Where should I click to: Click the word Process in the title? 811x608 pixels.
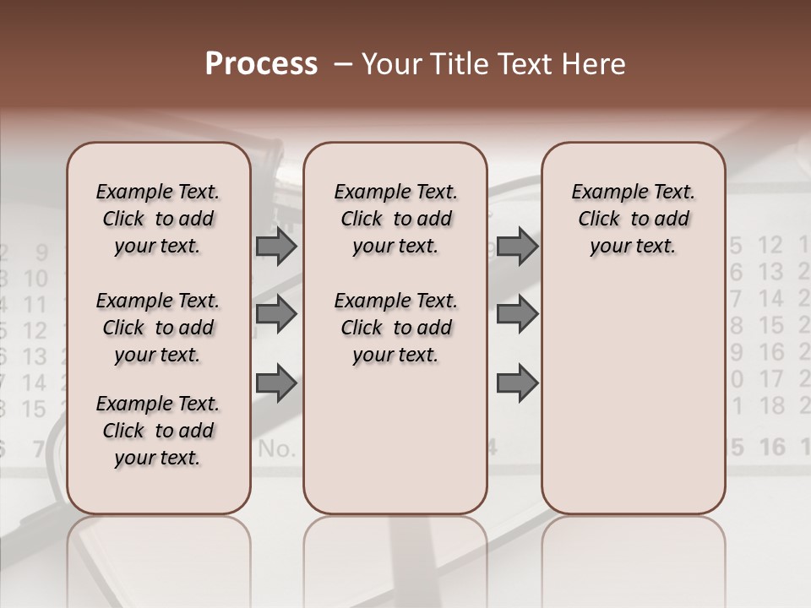tap(261, 63)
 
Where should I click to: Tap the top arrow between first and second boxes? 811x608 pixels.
tap(276, 246)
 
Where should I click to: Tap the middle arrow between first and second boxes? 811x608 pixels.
tap(276, 314)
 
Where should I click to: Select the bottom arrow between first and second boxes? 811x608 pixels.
tap(276, 383)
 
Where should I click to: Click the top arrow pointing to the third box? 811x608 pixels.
tap(517, 246)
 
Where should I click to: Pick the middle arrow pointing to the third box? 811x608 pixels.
tap(517, 314)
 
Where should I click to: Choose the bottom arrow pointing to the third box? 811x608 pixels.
tap(517, 383)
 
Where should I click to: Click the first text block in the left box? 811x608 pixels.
tap(158, 219)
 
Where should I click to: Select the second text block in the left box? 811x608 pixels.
tap(158, 328)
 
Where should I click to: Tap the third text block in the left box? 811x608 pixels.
tap(158, 431)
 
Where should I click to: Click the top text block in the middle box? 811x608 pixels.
tap(395, 219)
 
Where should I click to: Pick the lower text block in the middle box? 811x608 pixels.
tap(395, 328)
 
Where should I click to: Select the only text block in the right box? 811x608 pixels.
tap(633, 219)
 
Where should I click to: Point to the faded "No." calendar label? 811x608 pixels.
tap(276, 448)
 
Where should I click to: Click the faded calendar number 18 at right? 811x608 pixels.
tap(770, 405)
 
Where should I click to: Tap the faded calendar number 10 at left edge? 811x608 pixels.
tap(35, 278)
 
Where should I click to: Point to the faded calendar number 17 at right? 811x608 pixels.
tap(770, 378)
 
